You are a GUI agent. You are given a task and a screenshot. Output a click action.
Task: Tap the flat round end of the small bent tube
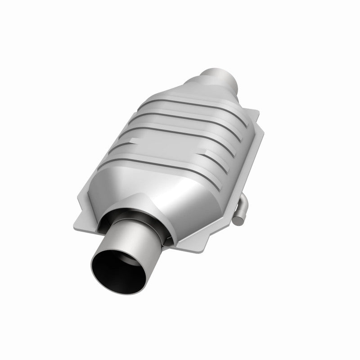point(238,220)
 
